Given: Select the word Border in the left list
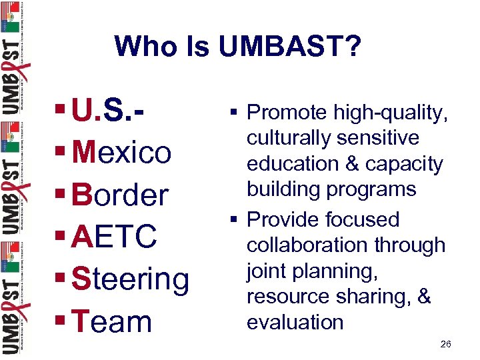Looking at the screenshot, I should point(120,195).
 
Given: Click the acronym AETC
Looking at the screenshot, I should point(115,237).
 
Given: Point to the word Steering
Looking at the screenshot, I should point(130,279).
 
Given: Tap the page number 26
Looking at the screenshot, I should point(446,344).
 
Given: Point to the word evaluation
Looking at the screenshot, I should point(295,322).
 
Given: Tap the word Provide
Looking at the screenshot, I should point(288,219).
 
